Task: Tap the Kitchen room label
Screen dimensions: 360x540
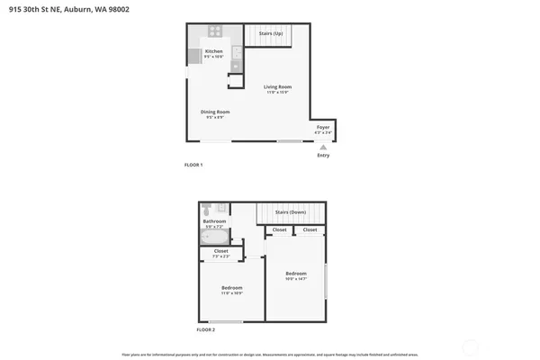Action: pyautogui.click(x=213, y=51)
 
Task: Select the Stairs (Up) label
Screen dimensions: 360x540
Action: pyautogui.click(x=271, y=33)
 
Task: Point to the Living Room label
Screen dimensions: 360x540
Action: pyautogui.click(x=277, y=86)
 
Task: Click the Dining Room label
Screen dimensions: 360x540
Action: pyautogui.click(x=215, y=112)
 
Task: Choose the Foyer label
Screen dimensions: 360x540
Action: pyautogui.click(x=322, y=128)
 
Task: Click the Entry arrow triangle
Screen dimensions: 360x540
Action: pyautogui.click(x=323, y=148)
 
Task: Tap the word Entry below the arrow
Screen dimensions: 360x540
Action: pyautogui.click(x=323, y=156)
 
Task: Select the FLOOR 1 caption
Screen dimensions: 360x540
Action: pyautogui.click(x=193, y=166)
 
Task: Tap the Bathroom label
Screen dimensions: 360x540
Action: pyautogui.click(x=214, y=220)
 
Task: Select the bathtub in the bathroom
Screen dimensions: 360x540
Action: pyautogui.click(x=213, y=238)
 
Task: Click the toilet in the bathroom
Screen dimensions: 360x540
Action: pyautogui.click(x=206, y=209)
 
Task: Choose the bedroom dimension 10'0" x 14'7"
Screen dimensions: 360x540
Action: pyautogui.click(x=296, y=279)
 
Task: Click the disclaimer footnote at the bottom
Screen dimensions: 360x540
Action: pyautogui.click(x=269, y=353)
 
